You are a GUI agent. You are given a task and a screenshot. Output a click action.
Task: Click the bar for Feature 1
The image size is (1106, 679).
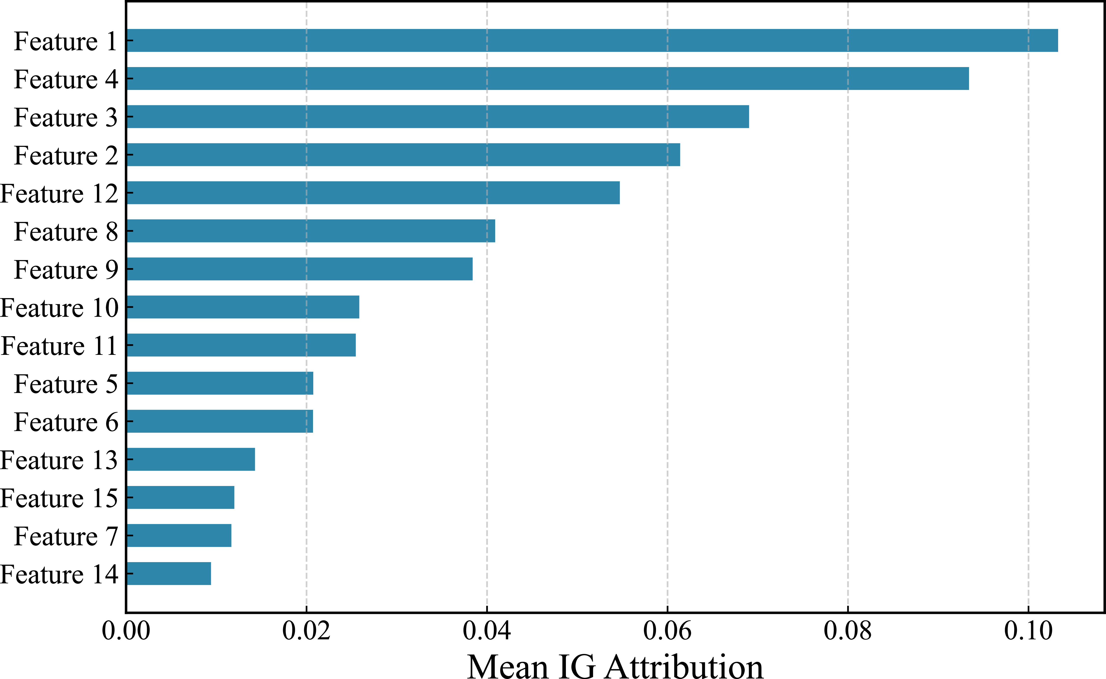592,41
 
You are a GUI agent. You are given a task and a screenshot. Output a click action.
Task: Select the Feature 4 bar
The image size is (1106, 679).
548,79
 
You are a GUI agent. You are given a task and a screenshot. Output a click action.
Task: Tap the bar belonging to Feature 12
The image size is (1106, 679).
373,193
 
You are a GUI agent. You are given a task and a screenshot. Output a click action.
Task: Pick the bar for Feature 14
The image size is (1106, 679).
169,573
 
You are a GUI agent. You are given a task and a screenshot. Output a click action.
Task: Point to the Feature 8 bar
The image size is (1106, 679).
311,231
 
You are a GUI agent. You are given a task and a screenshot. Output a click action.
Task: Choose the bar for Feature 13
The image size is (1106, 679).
191,459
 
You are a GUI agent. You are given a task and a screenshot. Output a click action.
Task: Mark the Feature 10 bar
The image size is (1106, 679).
243,307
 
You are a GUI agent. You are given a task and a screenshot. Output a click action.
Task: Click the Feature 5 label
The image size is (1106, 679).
66,384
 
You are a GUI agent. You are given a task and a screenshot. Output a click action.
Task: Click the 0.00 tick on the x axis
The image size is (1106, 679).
126,631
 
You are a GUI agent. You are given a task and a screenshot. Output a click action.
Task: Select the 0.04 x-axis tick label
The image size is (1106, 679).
487,631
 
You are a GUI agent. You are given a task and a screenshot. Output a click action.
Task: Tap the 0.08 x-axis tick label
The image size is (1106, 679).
848,631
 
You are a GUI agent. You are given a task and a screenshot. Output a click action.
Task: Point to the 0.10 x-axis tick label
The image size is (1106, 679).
1028,631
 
